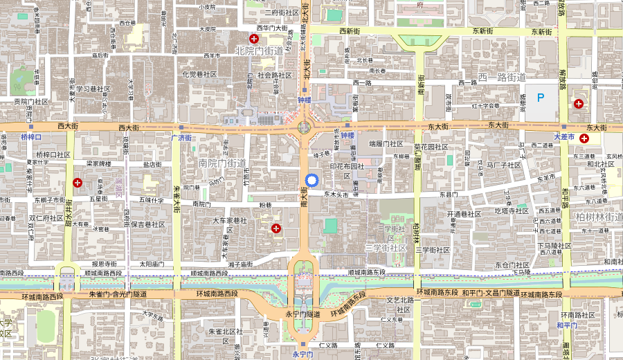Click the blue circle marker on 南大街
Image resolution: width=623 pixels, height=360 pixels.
point(311,180)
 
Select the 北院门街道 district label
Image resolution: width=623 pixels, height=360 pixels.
point(260,51)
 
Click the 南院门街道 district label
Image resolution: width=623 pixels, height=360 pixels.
point(222,163)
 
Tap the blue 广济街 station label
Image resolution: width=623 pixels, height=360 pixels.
point(181,137)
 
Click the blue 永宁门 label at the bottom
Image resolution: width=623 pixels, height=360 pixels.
point(303,354)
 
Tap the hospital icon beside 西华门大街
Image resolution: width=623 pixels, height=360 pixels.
point(254,39)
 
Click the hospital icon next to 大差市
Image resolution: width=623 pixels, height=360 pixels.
point(585,138)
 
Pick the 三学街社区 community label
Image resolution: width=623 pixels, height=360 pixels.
point(386,247)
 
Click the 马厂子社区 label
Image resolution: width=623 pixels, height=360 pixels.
point(503,165)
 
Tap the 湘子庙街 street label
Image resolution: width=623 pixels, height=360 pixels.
point(240,264)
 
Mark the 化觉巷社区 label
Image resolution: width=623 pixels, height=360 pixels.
point(199,74)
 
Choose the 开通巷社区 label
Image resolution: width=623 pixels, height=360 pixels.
point(464,214)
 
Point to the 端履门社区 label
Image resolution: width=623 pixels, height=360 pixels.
point(386,144)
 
